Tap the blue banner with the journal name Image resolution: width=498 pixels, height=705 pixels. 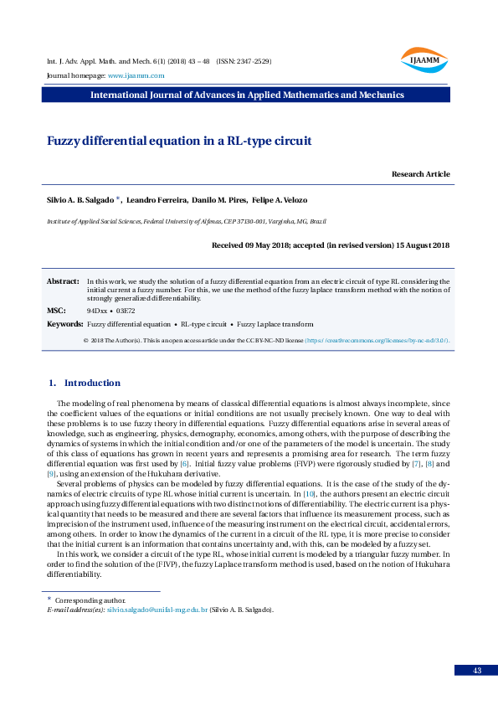click(249, 95)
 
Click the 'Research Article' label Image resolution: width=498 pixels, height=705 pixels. click(420, 174)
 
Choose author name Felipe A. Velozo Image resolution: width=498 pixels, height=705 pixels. click(280, 200)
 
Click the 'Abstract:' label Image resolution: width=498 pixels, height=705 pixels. click(63, 282)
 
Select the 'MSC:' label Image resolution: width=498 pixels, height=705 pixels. click(56, 310)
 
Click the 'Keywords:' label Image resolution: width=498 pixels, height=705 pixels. click(64, 323)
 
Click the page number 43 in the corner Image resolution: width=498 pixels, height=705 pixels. click(476, 671)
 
